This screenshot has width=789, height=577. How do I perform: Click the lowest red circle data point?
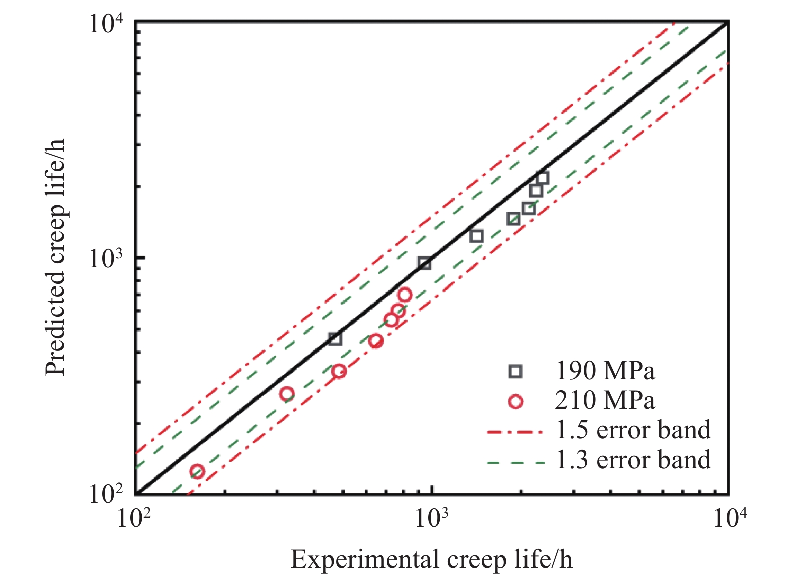click(197, 471)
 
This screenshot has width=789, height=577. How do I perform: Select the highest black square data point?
click(543, 178)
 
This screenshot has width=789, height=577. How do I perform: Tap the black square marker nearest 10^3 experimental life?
click(425, 263)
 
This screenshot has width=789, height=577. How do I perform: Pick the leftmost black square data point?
click(335, 339)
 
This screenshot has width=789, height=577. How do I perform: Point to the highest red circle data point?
click(405, 295)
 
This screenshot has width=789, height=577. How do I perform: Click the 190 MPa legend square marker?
click(515, 371)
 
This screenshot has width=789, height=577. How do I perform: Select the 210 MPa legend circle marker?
click(515, 401)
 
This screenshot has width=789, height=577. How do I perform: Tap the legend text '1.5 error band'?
click(633, 429)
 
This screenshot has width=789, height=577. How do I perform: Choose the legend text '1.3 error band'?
click(633, 459)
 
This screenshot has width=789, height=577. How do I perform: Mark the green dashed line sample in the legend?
click(516, 462)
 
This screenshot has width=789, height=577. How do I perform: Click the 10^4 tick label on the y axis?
click(106, 22)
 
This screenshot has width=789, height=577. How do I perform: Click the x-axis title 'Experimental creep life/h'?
click(431, 559)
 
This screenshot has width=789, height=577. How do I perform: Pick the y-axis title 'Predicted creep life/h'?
click(55, 257)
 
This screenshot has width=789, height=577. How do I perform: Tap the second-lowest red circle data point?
click(287, 394)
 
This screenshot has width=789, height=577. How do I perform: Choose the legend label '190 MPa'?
click(605, 371)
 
